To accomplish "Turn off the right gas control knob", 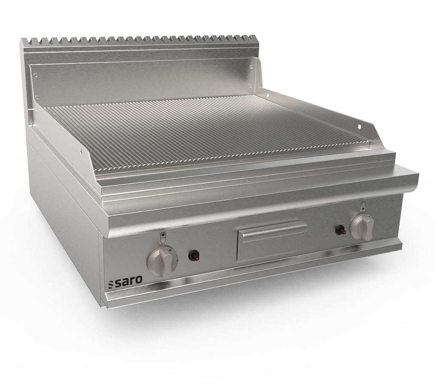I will click(362, 227).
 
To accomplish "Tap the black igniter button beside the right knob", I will click(340, 230).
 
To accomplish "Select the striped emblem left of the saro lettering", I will click(111, 284).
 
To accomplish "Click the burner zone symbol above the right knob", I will click(363, 206).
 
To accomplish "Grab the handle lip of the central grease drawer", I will click(272, 228).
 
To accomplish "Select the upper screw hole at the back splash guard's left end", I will click(36, 75).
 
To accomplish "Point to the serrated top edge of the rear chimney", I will click(140, 40).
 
